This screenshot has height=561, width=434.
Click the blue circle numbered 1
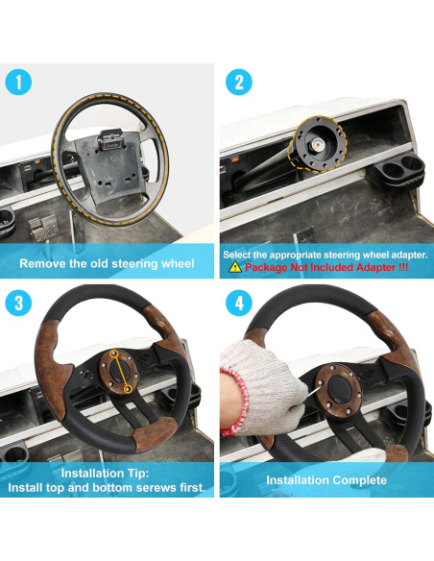click(x=18, y=82)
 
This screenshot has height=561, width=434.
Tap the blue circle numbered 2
click(x=239, y=82)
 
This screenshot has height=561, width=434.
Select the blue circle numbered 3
click(x=18, y=303)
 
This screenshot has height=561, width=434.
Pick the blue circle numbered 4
click(x=239, y=303)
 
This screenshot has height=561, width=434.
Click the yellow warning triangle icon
click(x=235, y=267)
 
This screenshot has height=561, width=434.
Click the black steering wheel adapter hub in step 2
click(x=318, y=144)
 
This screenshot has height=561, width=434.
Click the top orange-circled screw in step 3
click(x=114, y=354)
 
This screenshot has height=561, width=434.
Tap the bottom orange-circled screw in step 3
click(x=127, y=388)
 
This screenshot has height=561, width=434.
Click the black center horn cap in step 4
click(x=339, y=388)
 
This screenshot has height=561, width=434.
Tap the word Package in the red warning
click(x=266, y=268)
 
